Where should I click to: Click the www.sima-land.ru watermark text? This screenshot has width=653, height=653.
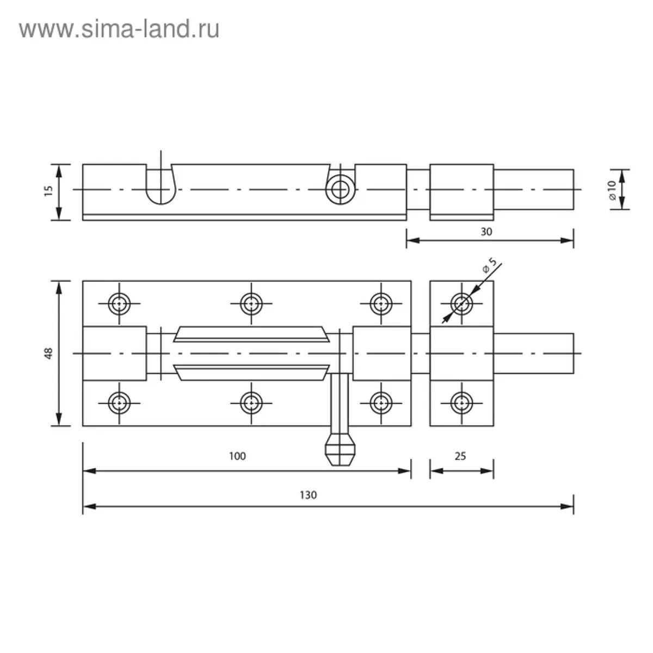119,29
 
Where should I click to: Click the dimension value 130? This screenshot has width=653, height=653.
308,495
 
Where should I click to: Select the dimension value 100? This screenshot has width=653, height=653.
237,456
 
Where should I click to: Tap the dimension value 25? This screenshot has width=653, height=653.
460,456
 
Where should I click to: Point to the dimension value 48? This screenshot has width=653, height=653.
49,353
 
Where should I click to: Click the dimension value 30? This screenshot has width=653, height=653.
486,232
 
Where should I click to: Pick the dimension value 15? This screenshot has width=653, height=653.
49,191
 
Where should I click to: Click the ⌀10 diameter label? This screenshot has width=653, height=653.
612,190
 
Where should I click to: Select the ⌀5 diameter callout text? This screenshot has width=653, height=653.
490,266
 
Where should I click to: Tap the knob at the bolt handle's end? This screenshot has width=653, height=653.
340,451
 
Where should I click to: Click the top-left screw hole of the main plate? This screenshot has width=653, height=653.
119,304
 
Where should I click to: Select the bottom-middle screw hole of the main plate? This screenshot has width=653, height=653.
251,403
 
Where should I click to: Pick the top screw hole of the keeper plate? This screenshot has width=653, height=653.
461,304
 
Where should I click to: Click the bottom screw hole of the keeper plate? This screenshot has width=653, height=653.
461,403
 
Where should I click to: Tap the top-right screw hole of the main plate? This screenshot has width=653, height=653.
381,304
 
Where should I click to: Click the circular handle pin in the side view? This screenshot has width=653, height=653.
340,189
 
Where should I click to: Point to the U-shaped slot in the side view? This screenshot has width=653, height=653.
161,184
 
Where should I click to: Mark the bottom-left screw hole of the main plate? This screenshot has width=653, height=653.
119,403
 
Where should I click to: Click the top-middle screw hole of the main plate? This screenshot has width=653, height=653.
251,304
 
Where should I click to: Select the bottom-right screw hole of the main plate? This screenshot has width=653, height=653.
381,403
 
